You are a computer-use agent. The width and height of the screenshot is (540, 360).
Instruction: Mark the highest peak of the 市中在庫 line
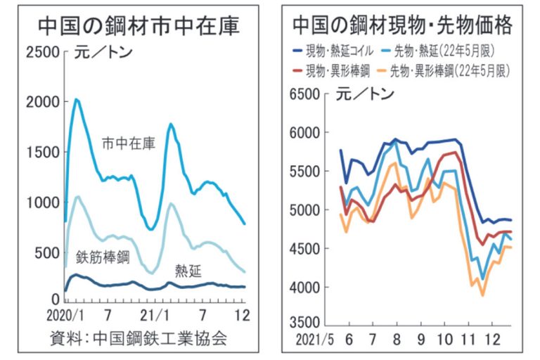click(x=77, y=99)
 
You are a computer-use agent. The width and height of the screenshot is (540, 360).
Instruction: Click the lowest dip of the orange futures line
click(x=482, y=295)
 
